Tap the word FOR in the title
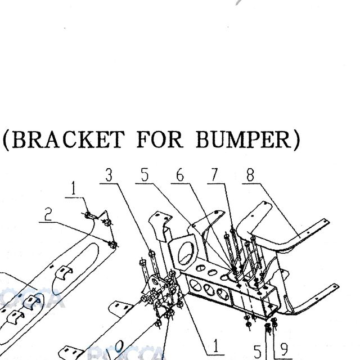click(160, 139)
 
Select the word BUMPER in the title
click(244, 139)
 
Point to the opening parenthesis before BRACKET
click(6, 140)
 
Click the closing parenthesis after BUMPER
click(296, 140)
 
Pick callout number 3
click(109, 175)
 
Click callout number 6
click(180, 175)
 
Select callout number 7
click(214, 175)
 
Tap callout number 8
click(250, 175)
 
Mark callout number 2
click(48, 214)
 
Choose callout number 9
click(284, 349)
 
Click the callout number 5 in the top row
click(145, 175)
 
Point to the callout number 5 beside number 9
click(258, 351)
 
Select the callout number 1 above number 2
click(73, 188)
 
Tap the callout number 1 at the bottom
click(215, 346)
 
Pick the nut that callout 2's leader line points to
click(112, 245)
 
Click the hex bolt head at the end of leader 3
click(152, 254)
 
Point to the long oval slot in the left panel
click(76, 269)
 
